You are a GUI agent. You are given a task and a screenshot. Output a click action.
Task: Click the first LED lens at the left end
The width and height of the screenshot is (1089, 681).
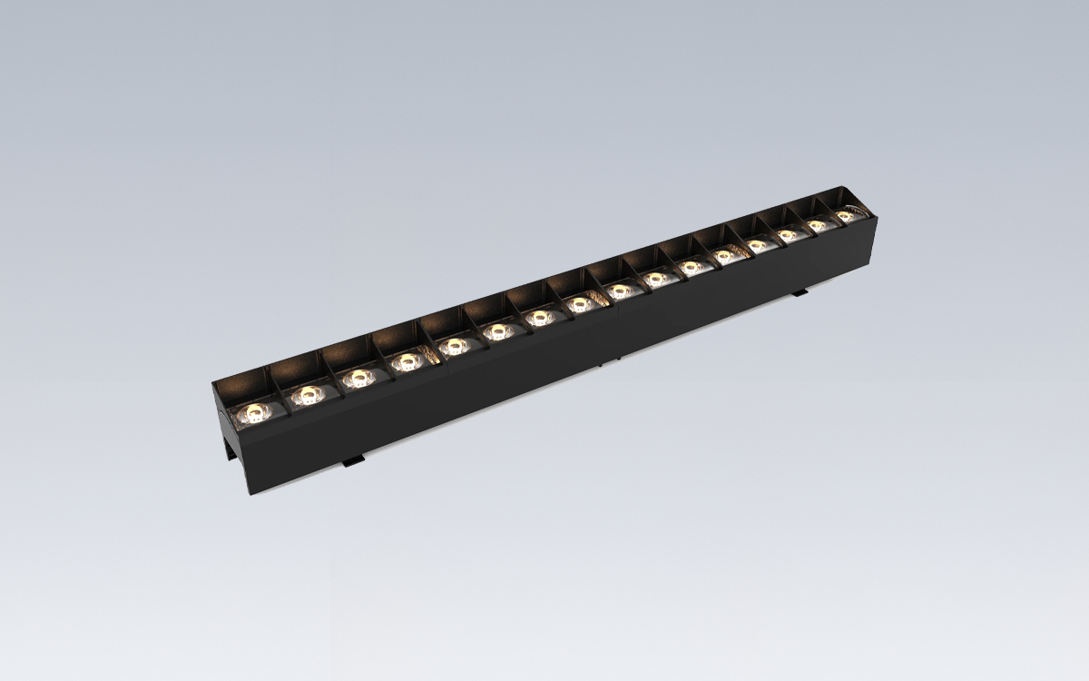(x=251, y=415)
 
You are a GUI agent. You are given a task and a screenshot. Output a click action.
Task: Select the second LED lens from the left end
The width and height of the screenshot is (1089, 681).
(x=306, y=394)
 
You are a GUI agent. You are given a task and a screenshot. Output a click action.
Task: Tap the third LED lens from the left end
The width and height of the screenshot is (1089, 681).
(x=358, y=376)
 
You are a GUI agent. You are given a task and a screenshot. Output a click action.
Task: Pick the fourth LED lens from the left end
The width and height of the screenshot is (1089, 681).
(x=406, y=361)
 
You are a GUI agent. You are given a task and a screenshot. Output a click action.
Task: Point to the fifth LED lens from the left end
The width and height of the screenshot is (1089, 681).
(x=452, y=345)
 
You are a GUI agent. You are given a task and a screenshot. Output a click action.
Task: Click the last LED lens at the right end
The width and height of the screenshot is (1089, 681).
(x=846, y=216)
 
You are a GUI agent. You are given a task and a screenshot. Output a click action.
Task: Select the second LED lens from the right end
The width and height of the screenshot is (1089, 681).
(x=817, y=225)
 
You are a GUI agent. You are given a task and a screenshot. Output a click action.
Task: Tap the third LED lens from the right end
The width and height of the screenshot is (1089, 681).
(x=786, y=235)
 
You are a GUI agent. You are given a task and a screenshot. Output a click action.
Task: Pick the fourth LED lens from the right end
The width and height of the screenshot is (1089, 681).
(x=755, y=245)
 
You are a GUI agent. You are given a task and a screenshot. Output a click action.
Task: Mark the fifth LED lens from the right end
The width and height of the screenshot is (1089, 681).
(x=723, y=256)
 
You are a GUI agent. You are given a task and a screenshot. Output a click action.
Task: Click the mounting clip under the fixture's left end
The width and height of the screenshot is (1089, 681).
(x=353, y=462)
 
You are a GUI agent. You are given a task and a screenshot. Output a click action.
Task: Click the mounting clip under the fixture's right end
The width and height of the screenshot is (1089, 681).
(x=799, y=293)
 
